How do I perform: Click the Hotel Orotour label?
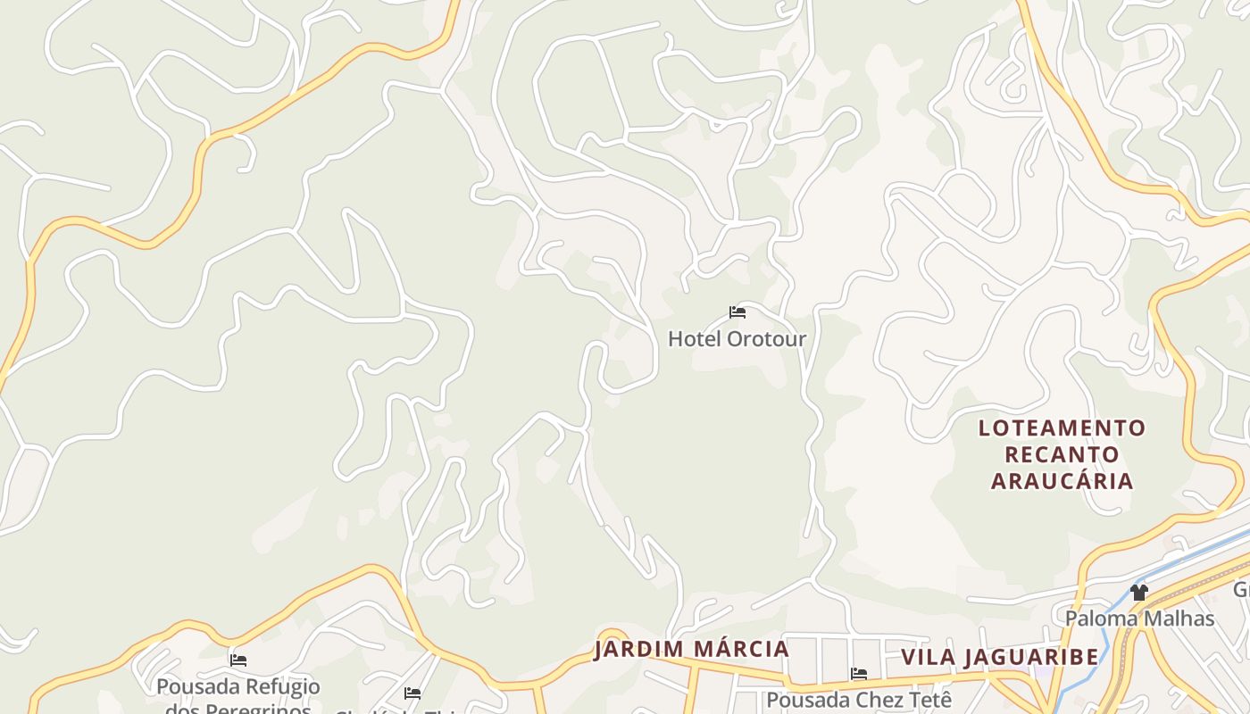tap(737, 339)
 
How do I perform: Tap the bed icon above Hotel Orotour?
tap(737, 312)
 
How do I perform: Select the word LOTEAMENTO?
tap(1062, 428)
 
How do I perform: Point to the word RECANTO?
tap(1062, 454)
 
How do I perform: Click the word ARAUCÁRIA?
tap(1062, 481)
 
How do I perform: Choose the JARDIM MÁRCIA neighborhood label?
tap(692, 649)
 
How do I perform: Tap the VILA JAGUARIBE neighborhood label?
tap(1000, 658)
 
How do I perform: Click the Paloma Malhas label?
tap(1139, 618)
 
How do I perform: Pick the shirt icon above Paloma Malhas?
tap(1138, 592)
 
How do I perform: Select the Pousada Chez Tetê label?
tap(859, 700)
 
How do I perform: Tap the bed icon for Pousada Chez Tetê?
tap(859, 674)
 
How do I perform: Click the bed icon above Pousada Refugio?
tap(238, 660)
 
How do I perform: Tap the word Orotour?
tap(766, 339)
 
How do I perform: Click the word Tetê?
tap(929, 700)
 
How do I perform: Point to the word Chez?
tap(879, 700)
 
